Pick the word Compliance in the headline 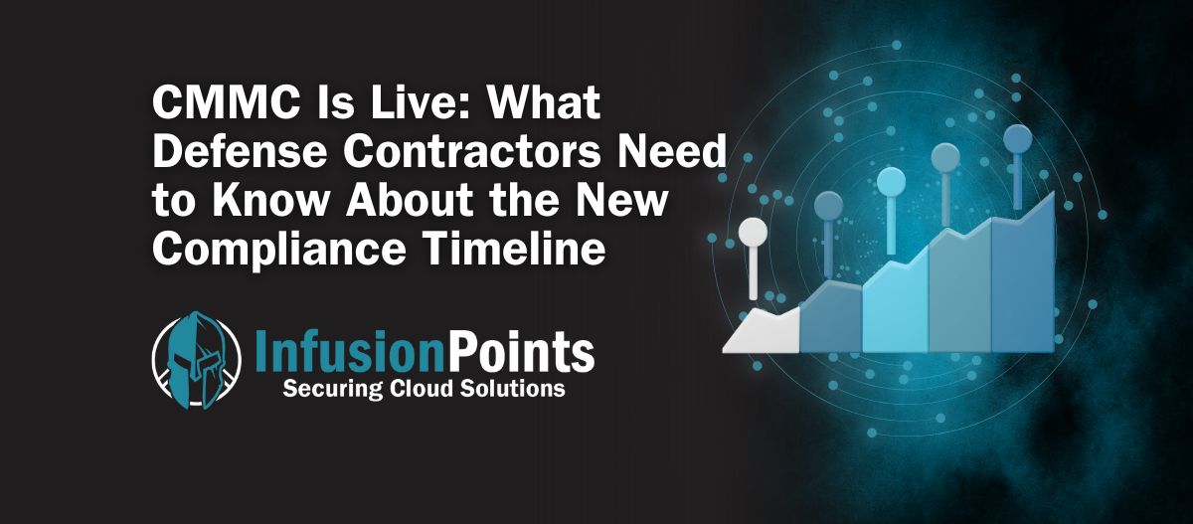(279, 249)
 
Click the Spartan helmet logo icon (196, 360)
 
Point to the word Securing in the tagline (333, 390)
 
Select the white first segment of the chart (762, 331)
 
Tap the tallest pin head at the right (1018, 138)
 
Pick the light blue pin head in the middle (891, 182)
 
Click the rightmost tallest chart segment (1023, 276)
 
